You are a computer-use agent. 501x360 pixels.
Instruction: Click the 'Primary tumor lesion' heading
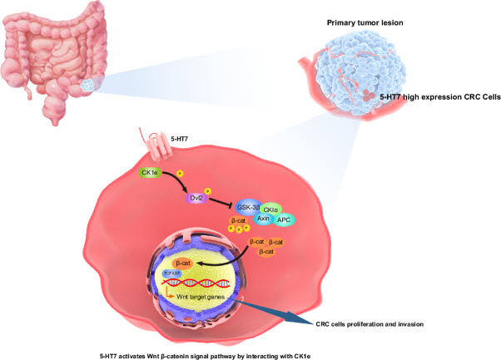pyautogui.click(x=365, y=23)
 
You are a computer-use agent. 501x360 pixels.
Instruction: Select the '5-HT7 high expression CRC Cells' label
pyautogui.click(x=439, y=97)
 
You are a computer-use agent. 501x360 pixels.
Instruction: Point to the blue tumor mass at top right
pyautogui.click(x=362, y=67)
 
